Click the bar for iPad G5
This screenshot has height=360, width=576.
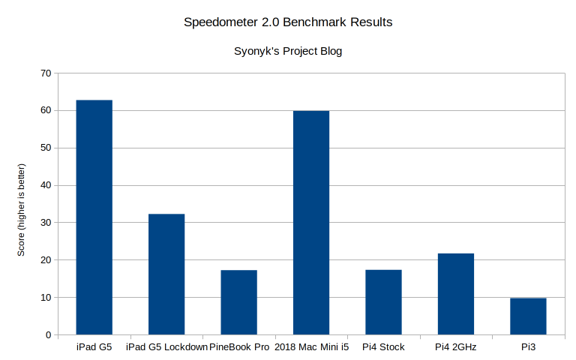coord(94,217)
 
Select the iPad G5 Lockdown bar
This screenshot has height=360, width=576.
coord(166,274)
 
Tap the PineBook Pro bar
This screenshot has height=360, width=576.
coord(238,302)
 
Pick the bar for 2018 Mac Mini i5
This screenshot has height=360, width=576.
coord(311,223)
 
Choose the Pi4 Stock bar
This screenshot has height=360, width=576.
coord(383,302)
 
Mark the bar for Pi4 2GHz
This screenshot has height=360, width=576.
coord(456,294)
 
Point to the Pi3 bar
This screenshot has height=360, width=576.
coord(528,316)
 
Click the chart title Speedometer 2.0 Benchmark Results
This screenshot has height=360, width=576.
coord(288,22)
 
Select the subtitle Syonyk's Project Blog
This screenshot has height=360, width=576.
coord(288,52)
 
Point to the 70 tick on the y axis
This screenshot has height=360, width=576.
coord(46,73)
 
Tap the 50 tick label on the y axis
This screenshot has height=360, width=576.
coord(46,148)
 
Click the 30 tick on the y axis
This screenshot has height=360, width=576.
coord(46,223)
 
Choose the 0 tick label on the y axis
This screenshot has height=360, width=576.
coord(49,334)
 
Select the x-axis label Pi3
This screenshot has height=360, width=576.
coord(528,347)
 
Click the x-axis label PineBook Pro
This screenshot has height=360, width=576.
coord(239,347)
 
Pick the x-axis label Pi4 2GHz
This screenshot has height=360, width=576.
coord(456,347)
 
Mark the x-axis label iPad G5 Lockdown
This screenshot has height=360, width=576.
coord(166,347)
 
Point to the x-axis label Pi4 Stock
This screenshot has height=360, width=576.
coord(383,347)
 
